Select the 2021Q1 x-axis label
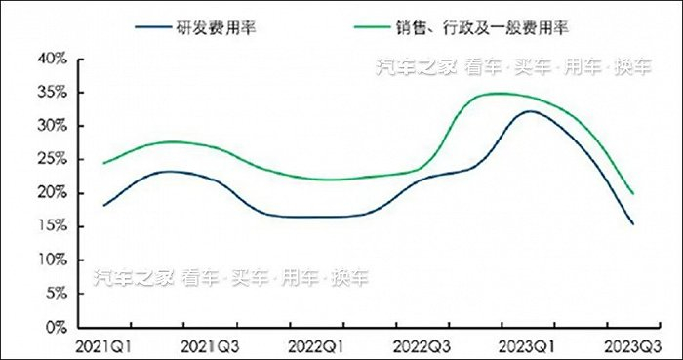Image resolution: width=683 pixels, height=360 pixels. tap(103, 345)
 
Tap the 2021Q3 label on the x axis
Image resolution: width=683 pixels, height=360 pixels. tap(209, 345)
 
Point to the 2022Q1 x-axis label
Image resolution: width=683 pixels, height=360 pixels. tap(315, 345)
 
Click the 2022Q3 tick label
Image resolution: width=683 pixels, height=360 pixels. tap(422, 345)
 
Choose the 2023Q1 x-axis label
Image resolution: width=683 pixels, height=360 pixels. tap(527, 345)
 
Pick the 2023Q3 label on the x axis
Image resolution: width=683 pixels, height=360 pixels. tap(633, 345)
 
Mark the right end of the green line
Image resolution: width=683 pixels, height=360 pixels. tap(633, 193)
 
